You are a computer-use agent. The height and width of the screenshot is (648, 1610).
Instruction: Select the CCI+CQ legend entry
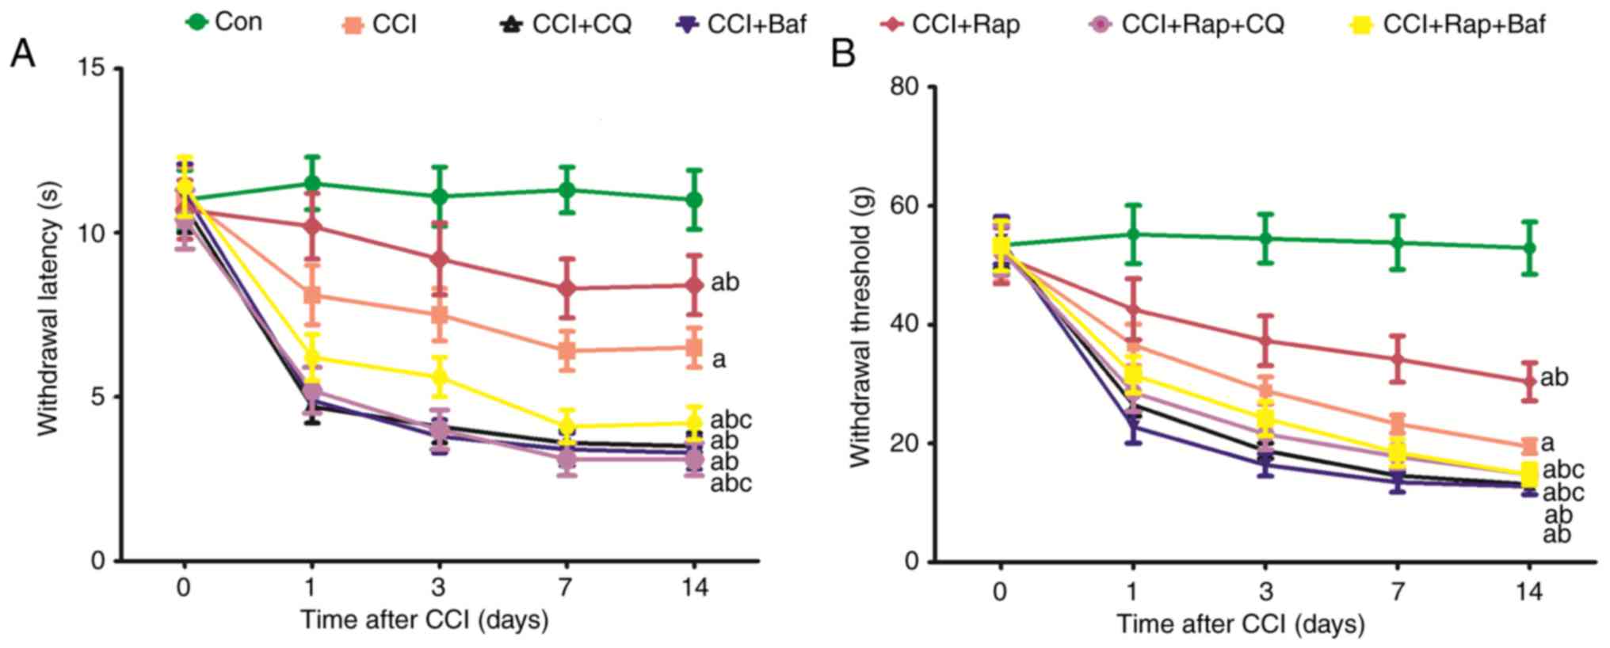[567, 25]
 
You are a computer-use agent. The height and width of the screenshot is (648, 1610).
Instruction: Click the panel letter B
[843, 54]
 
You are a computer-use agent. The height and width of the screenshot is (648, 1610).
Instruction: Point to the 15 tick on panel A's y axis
[95, 69]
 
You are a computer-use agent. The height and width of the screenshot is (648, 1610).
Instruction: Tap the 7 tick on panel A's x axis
[566, 588]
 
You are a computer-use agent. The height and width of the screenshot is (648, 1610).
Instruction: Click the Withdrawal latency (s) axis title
[49, 309]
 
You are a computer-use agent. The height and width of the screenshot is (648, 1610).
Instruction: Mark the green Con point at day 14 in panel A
[694, 200]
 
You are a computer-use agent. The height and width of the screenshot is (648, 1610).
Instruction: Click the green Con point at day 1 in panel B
[1133, 234]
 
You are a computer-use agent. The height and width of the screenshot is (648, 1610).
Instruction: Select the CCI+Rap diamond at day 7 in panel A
[567, 288]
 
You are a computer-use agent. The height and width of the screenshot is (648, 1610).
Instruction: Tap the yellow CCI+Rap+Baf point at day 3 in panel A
[439, 376]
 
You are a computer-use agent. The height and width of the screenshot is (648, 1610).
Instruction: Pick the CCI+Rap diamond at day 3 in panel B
[1265, 341]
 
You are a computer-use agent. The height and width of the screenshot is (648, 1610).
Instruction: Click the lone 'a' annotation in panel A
[719, 360]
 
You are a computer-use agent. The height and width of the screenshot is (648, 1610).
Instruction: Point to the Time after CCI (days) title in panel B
[1241, 624]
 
